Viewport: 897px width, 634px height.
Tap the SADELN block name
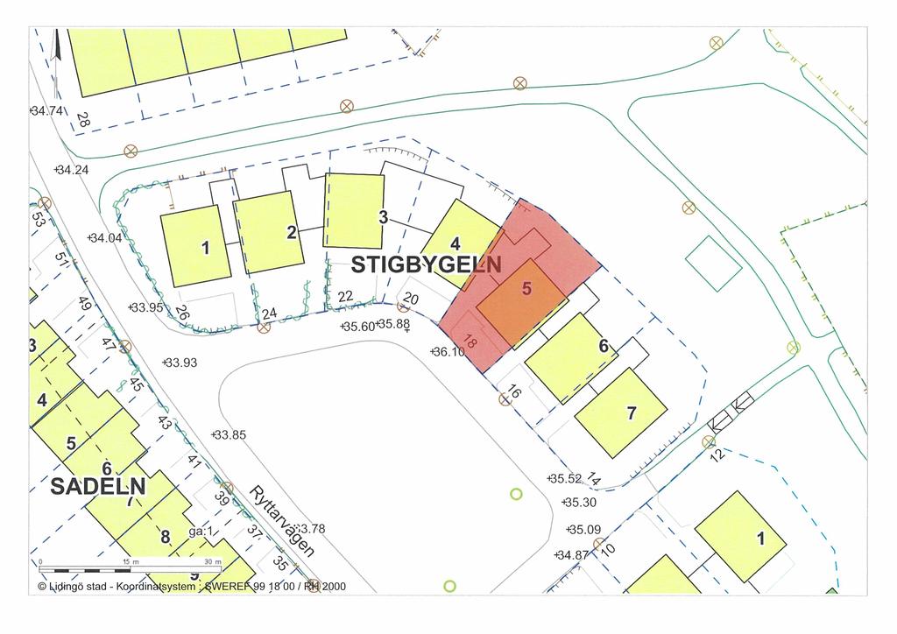point(98,486)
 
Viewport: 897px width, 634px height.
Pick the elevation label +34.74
point(47,111)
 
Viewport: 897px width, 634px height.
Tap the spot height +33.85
point(229,435)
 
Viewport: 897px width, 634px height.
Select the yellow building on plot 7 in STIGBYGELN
point(621,412)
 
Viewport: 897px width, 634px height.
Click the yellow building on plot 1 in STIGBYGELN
point(196,246)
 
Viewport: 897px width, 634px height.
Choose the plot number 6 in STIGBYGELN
point(604,347)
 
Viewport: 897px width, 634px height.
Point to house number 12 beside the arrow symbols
point(717,455)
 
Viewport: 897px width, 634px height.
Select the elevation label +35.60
point(357,326)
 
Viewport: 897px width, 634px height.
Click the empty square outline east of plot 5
point(713,263)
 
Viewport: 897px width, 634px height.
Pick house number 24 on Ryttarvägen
point(269,313)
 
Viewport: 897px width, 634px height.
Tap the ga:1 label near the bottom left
point(201,532)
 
